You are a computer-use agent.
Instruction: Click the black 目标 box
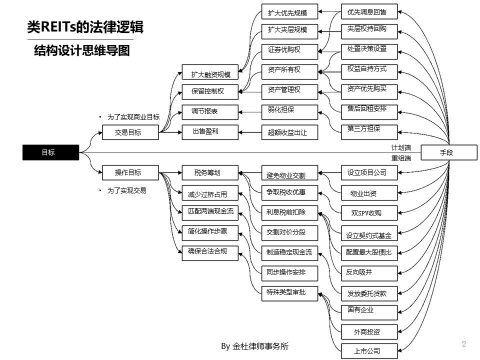50,153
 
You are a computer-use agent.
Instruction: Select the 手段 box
446,152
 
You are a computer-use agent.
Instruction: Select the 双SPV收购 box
369,212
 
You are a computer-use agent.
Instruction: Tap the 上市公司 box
369,350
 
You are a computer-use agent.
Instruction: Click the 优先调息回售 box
369,10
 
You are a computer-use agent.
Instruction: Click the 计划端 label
401,147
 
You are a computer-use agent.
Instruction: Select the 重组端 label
401,158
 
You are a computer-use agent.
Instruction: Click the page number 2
464,343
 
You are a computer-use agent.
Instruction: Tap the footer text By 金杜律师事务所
255,346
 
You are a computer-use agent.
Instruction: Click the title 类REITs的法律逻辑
85,28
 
